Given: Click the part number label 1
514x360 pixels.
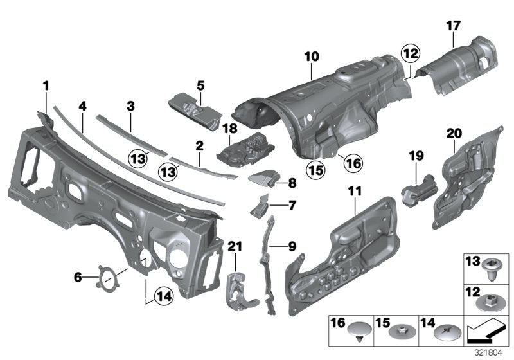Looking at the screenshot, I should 46,85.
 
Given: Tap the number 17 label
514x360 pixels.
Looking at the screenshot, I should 453,26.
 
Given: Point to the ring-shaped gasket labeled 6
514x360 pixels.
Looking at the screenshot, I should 104,278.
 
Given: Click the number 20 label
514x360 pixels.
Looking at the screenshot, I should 454,133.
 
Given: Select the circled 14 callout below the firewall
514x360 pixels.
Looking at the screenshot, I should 164,296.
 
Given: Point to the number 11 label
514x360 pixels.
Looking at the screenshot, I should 355,190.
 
